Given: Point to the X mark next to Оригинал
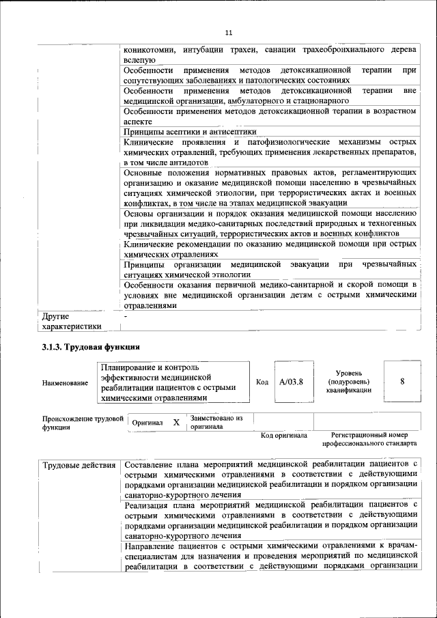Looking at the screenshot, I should (x=176, y=423).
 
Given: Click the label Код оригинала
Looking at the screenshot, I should (x=284, y=435).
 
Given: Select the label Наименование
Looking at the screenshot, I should (x=65, y=383).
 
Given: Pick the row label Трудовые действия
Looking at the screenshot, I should (x=79, y=466).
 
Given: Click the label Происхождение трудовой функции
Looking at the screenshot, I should (x=82, y=422).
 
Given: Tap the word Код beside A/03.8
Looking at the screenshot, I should (x=262, y=382).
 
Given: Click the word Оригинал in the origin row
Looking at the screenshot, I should (x=147, y=423).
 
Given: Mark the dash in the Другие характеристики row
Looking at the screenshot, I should (x=126, y=317).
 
